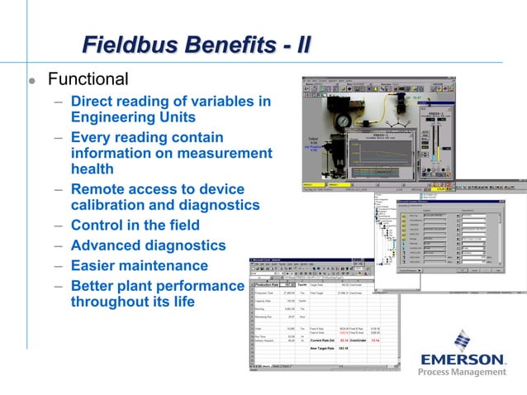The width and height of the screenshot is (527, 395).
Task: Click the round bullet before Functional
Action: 31,82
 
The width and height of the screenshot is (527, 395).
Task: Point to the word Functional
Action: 88,80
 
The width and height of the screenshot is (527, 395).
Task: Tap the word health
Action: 93,169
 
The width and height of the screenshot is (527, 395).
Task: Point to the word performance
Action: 202,286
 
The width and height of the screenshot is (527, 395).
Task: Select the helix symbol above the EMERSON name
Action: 463,339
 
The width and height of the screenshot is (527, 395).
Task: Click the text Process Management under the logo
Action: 462,373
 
